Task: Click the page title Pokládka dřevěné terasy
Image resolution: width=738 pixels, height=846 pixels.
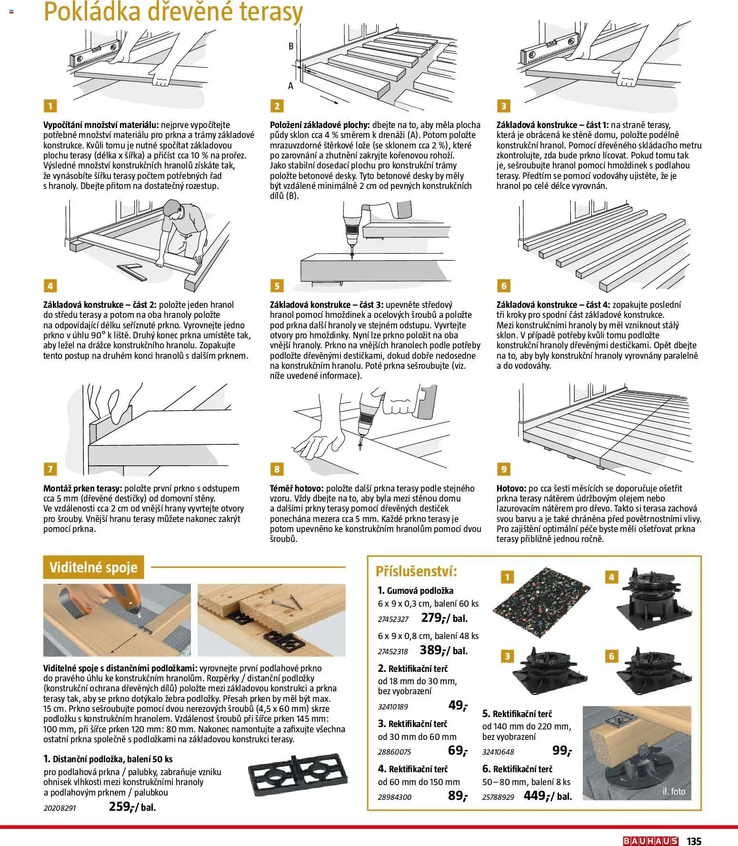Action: coord(173,12)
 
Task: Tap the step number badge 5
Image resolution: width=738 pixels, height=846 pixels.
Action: coord(277,285)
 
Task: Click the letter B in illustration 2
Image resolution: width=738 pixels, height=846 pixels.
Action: coord(291,47)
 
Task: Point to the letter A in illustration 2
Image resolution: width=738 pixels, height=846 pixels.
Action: coord(290,86)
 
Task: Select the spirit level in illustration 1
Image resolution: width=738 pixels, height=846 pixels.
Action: coord(94,54)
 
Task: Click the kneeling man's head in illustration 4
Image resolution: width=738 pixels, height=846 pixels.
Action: coord(173,209)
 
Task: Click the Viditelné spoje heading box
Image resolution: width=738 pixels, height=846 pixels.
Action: coord(93,567)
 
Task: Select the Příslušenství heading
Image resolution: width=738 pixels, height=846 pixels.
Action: coord(416,571)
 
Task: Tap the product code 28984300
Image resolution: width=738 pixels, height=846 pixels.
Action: coord(395,797)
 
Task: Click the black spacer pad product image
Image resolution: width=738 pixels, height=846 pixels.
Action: coord(298,776)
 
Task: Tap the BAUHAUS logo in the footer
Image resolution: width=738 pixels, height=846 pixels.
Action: coord(650,841)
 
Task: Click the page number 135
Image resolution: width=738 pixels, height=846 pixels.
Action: coord(694,841)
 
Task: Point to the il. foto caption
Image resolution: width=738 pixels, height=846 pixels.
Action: coord(673,792)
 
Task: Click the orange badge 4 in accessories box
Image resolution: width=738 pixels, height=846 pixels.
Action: coord(611,577)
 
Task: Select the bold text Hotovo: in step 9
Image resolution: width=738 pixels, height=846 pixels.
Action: coord(511,488)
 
